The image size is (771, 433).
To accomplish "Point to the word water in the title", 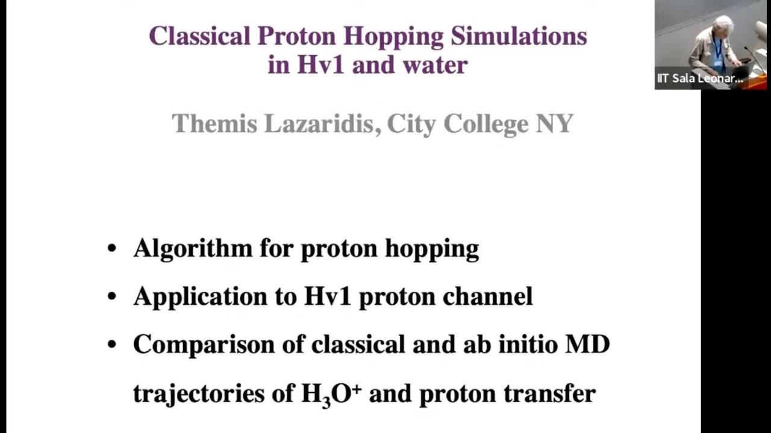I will [x=435, y=64].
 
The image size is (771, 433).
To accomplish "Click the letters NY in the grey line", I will [x=554, y=123].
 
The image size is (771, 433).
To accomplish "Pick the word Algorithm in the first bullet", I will [x=193, y=248].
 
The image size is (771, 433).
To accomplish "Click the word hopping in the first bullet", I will [x=432, y=248].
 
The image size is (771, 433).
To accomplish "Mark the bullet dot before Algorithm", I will [x=111, y=248].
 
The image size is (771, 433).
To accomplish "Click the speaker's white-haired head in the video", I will [x=722, y=25].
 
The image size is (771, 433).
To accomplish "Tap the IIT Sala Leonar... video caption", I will [x=700, y=78].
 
